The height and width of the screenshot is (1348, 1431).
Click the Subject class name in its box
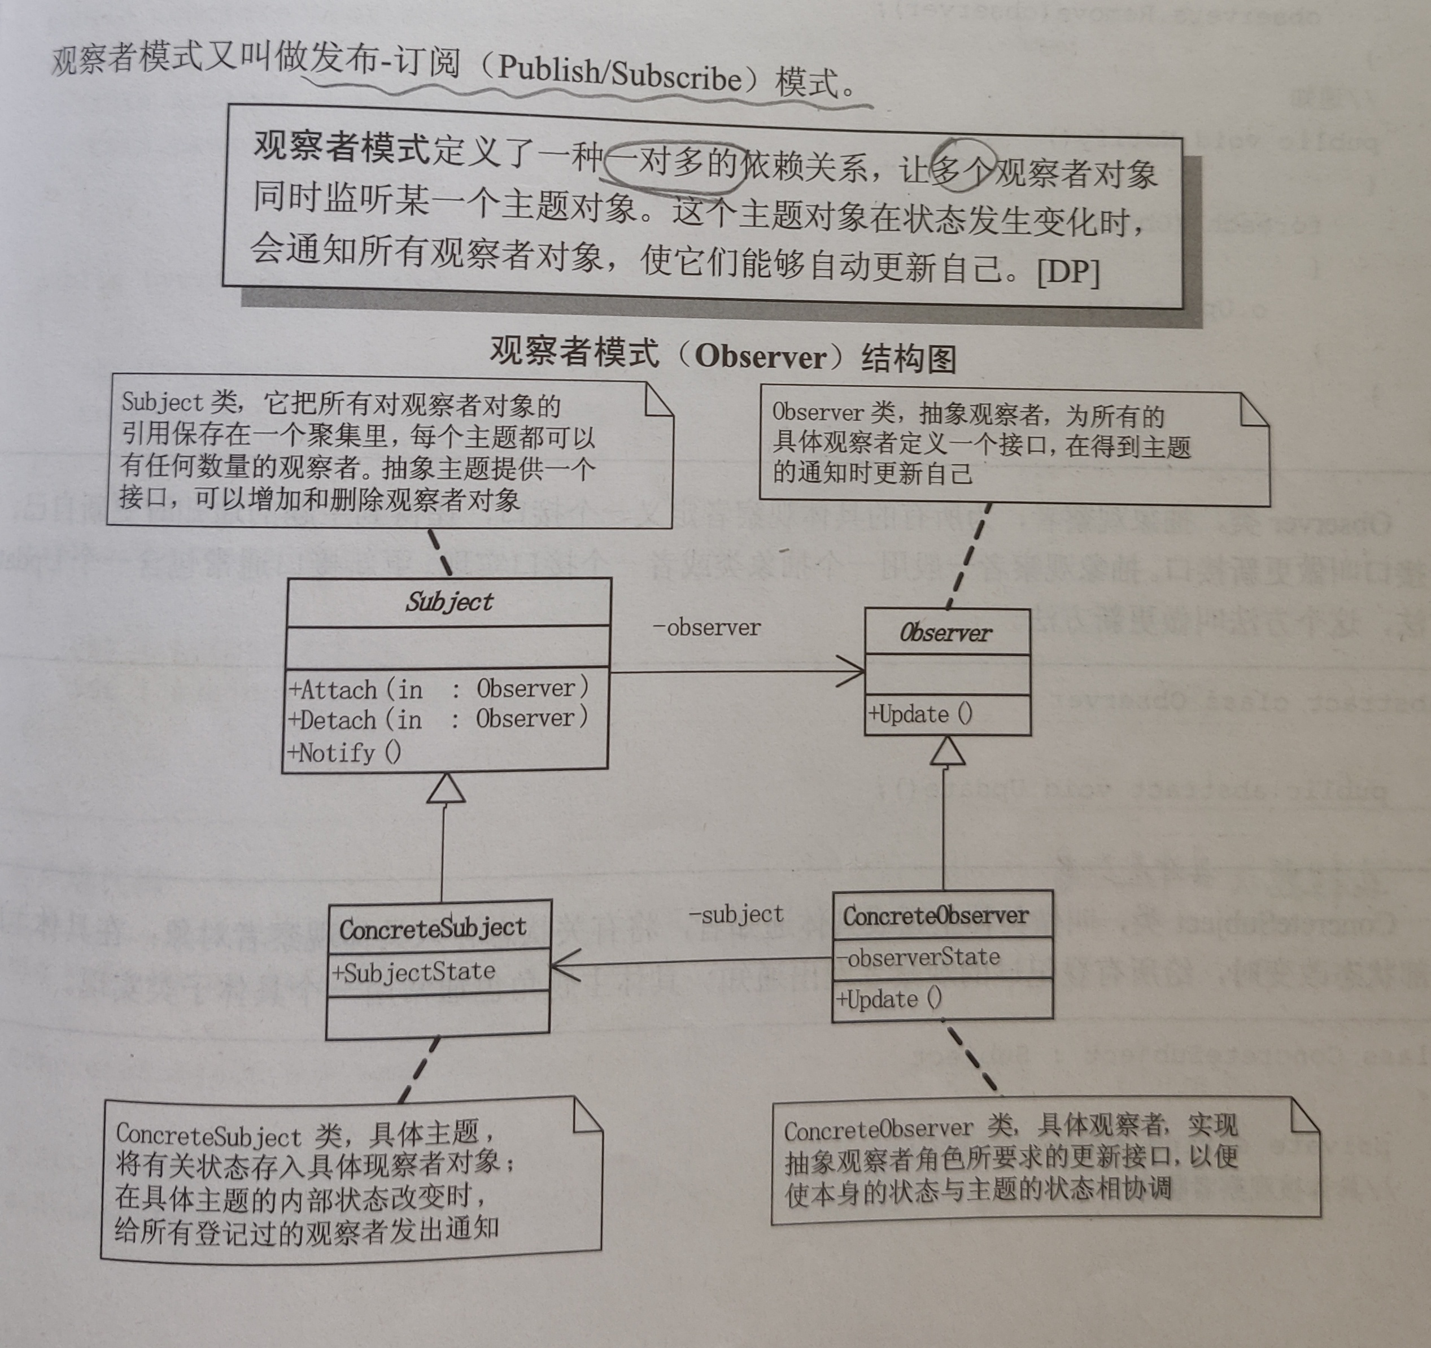(x=449, y=601)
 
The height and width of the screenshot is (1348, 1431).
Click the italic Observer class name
(x=945, y=633)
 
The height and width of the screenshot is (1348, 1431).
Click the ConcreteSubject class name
(x=433, y=928)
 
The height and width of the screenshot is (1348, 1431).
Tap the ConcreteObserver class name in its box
(x=936, y=916)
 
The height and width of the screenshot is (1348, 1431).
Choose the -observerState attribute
(x=918, y=957)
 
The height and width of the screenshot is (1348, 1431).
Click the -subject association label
(x=736, y=915)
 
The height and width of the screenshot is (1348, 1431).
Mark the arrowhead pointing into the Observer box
(x=853, y=673)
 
